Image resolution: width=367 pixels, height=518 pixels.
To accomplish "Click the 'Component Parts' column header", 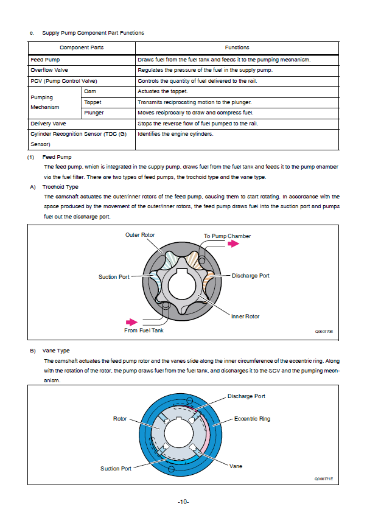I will (x=82, y=47).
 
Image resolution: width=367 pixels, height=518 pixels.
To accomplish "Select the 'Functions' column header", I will (x=237, y=47).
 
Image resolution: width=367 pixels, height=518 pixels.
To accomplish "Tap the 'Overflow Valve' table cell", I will (x=49, y=70).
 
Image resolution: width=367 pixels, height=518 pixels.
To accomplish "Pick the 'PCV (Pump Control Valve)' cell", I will (x=64, y=81).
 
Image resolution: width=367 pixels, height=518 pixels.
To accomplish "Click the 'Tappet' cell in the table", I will (x=93, y=102).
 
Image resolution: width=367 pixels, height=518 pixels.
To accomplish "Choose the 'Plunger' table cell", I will (x=94, y=113).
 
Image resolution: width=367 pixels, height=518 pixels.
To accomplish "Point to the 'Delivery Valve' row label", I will (x=48, y=124).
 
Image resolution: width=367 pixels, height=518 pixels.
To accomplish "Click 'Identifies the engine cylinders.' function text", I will (x=175, y=134).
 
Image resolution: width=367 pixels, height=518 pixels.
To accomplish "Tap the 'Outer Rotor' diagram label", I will (x=141, y=235).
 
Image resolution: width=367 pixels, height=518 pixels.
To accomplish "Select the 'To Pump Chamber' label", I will (x=227, y=236).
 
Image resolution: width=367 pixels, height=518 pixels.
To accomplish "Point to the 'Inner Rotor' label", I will (x=245, y=317).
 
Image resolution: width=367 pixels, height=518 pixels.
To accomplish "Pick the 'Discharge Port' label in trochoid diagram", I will (x=250, y=276).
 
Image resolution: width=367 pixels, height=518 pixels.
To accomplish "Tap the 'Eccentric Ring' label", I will (x=253, y=419).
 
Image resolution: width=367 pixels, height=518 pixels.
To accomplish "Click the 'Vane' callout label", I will (x=236, y=466).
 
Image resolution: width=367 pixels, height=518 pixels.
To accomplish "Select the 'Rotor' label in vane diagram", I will (x=120, y=419).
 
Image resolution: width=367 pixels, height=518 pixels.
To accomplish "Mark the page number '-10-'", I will (x=183, y=502).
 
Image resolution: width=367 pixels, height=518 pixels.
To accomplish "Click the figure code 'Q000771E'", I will (x=324, y=479).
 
